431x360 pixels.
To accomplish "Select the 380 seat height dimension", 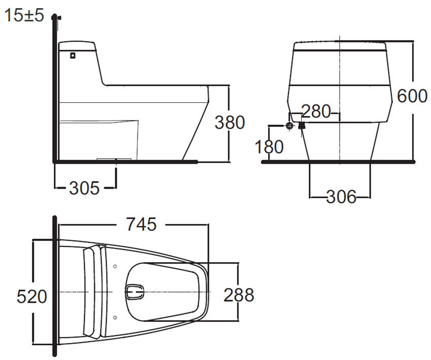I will tap(229, 122).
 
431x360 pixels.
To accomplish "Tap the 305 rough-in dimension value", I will tap(84, 188).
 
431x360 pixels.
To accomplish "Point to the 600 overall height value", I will tap(412, 95).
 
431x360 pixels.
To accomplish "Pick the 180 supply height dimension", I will tap(270, 147).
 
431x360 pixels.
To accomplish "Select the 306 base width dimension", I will tap(341, 197).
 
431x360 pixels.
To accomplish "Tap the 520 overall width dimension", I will tap(31, 296).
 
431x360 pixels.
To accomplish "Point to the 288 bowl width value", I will tap(239, 295).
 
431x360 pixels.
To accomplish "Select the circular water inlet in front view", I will tap(290, 125).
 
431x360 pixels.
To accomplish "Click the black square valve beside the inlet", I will tap(301, 125).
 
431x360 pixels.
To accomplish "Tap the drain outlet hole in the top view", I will tap(135, 291).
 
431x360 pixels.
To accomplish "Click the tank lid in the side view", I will tap(77, 45).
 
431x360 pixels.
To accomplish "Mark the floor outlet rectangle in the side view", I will tap(115, 159).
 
